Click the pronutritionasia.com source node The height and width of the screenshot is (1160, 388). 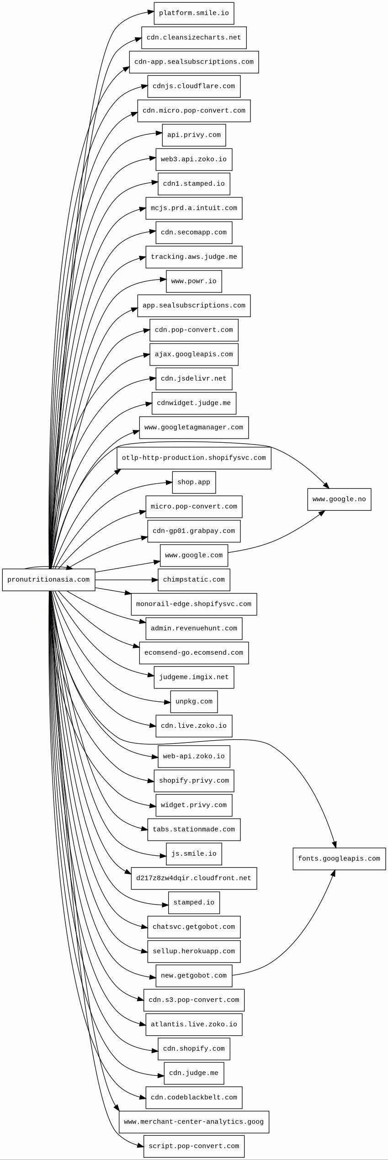point(48,579)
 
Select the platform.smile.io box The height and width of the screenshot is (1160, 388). point(194,13)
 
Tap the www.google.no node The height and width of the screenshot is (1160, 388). point(339,499)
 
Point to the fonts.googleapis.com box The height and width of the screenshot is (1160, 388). point(339,858)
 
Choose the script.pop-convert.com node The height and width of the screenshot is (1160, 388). point(194,1146)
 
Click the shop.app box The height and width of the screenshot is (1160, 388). point(194,482)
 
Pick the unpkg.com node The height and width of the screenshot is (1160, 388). point(194,701)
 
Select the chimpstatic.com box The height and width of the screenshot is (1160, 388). point(194,579)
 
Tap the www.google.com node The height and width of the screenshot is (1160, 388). point(194,555)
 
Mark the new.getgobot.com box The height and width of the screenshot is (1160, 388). point(194,975)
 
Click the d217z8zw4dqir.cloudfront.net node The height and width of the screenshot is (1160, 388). point(194,878)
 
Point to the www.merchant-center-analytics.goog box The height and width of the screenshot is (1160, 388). point(194,1122)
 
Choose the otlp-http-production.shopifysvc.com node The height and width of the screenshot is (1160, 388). point(194,458)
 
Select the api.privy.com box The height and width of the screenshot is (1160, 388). point(194,135)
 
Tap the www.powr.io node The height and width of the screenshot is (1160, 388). point(194,281)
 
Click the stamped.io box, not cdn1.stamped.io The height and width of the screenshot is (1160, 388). point(194,902)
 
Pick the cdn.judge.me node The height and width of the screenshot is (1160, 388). point(194,1073)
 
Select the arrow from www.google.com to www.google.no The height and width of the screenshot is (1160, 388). point(274,541)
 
